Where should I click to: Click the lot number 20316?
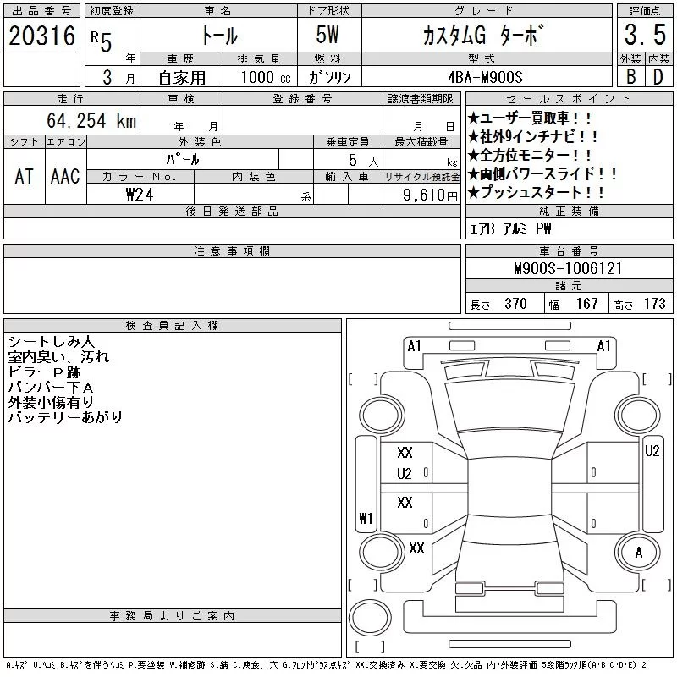pos(41,36)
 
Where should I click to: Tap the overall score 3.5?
pos(645,35)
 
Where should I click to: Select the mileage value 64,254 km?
pos(91,120)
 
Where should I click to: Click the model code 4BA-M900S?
pos(485,77)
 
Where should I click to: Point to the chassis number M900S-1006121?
pos(568,268)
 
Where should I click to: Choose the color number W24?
pos(140,195)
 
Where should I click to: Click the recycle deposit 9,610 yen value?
pos(430,195)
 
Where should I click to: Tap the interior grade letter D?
pos(658,77)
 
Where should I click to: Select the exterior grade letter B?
pos(630,77)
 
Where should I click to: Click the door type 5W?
pos(327,35)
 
